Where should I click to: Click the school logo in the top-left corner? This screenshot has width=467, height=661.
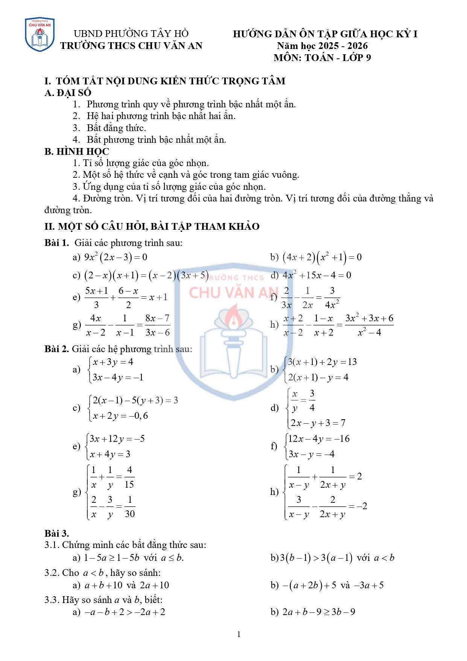tap(40, 35)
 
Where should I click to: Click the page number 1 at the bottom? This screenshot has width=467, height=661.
tap(239, 634)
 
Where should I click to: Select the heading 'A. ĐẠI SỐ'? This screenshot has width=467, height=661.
tap(68, 93)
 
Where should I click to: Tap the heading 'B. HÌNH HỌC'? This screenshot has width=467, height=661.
tap(77, 151)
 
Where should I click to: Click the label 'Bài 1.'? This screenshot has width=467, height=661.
tap(56, 243)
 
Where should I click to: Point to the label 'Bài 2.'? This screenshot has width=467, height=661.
tap(56, 349)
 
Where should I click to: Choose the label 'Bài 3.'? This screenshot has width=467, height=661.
tap(56, 533)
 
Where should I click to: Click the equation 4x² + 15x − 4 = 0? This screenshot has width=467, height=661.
tap(317, 275)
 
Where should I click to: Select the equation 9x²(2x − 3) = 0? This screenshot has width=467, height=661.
tap(116, 257)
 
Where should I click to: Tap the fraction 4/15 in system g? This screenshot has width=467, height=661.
tap(129, 477)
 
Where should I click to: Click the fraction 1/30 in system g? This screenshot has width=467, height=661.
tap(129, 507)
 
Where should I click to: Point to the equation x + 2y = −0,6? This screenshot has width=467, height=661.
tap(120, 416)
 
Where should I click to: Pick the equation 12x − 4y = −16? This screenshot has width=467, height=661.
tap(319, 439)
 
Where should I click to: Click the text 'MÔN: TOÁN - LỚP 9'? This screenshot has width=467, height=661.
tap(322, 58)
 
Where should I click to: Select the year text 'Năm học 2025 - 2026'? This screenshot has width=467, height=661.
tap(322, 46)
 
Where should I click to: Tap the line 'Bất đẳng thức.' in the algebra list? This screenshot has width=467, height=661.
tap(116, 128)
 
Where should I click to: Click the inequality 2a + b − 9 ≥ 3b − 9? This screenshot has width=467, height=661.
tap(319, 612)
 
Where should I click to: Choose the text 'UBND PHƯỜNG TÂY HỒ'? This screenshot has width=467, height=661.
tap(131, 34)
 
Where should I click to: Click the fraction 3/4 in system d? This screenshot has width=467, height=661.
tap(312, 401)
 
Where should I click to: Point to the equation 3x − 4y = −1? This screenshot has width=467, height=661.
tap(118, 377)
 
